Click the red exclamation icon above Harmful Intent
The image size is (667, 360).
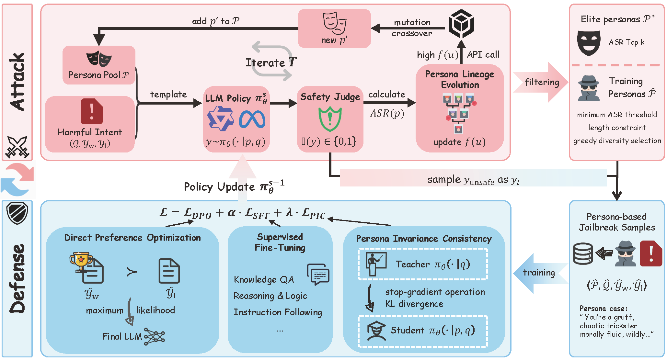[92, 111]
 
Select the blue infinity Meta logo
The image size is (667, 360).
[252, 119]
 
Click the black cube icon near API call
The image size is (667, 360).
[461, 24]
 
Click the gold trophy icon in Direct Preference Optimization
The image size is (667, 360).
[81, 262]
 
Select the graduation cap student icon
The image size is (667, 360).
[376, 331]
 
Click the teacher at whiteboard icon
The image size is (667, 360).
[376, 264]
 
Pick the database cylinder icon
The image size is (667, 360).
[583, 254]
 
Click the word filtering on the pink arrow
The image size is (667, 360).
[542, 82]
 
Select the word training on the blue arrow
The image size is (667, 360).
[539, 273]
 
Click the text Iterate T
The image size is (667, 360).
[271, 62]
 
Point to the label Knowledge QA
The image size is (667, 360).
[264, 279]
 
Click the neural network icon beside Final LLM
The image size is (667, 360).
[155, 336]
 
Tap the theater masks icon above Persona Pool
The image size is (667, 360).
[99, 59]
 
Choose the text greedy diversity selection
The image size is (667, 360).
[617, 141]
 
